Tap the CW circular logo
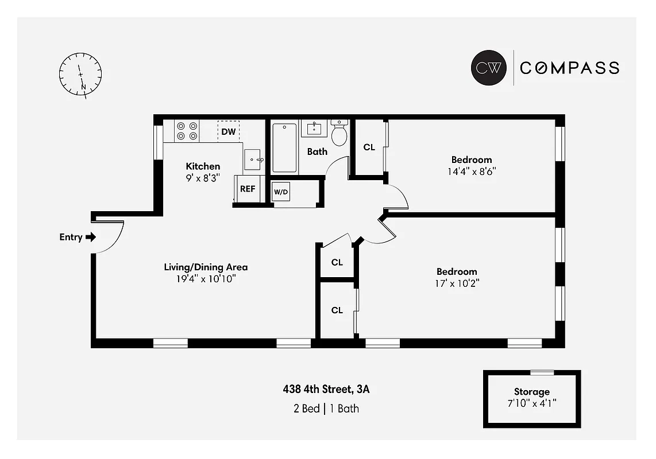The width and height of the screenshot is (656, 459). tap(488, 68)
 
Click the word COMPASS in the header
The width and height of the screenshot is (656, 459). tap(569, 68)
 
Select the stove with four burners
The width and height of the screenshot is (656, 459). tap(187, 131)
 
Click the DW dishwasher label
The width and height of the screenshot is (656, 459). tap(229, 132)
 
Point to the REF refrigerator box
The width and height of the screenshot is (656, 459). tap(248, 189)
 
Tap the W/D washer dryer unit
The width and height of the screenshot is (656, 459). tap(281, 192)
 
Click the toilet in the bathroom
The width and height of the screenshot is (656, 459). tap(339, 133)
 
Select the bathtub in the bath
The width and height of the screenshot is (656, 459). tap(284, 147)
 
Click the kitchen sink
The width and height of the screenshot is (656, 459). tap(253, 160)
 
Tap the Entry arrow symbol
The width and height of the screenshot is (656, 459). tap(90, 237)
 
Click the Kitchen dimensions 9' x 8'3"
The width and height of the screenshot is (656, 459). tap(203, 177)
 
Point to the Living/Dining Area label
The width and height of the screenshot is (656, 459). tap(206, 267)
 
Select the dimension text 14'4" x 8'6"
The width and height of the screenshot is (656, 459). tap(472, 171)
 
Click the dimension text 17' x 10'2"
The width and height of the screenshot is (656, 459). tap(457, 283)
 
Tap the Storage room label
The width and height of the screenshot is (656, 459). tap(531, 392)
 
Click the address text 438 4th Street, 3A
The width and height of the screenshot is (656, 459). tap(326, 390)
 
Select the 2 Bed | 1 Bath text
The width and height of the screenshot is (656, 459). tap(326, 409)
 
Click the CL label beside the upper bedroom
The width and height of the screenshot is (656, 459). tap(369, 147)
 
